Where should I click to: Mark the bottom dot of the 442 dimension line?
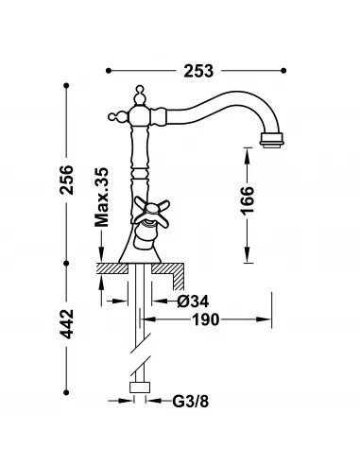coord(67,392)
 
